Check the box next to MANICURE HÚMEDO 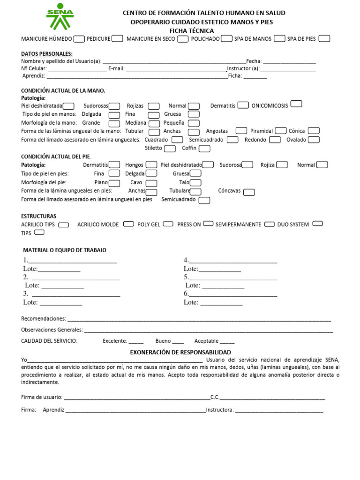79,38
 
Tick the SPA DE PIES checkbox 324,38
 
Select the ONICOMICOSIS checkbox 296,104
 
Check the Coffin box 204,149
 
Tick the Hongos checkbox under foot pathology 151,165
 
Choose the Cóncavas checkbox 249,192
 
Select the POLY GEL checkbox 168,224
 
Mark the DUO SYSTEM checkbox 317,224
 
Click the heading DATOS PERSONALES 47,54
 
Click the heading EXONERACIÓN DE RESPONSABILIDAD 180,352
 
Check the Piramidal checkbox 281,131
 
